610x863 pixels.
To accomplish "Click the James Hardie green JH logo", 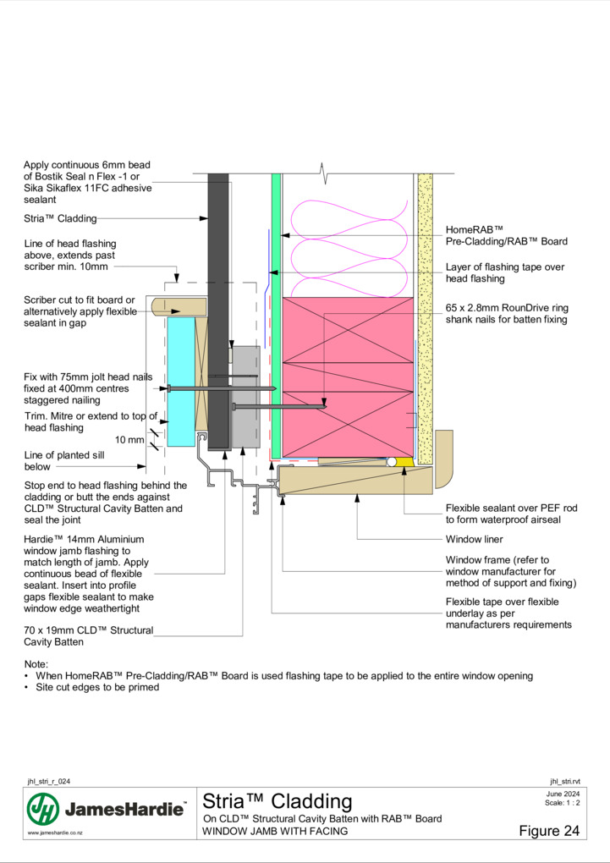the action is tap(43, 809).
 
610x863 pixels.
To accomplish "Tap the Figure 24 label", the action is tap(549, 831).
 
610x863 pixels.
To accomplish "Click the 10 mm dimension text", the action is tap(129, 440).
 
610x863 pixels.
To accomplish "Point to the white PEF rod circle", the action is tap(392, 462).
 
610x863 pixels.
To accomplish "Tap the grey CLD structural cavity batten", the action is tap(245, 397).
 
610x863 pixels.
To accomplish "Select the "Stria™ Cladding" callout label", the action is tap(60, 218).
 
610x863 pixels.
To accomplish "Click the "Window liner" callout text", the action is tap(474, 540).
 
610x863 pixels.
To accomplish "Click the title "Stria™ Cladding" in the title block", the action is tap(277, 801).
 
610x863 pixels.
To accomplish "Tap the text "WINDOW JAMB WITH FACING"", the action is tap(275, 831).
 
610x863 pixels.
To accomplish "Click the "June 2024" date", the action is tap(563, 794).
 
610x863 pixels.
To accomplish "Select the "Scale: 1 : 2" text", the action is tap(562, 802).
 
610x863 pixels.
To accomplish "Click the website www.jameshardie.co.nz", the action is tap(56, 833).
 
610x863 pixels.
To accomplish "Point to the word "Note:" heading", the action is tap(36, 664).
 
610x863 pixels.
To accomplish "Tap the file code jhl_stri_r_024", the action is tap(48, 782).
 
